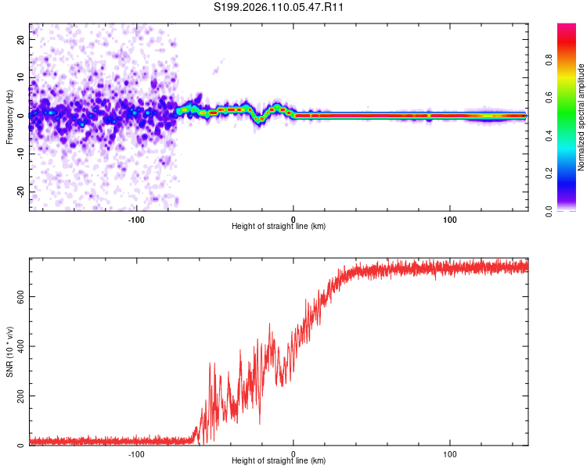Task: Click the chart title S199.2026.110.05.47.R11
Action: click(x=279, y=8)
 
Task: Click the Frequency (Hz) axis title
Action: click(x=10, y=116)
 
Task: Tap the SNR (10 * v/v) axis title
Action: click(x=10, y=352)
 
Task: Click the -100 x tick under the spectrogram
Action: click(x=137, y=218)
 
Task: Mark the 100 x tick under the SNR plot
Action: click(x=450, y=454)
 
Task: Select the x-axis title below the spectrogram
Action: click(x=279, y=227)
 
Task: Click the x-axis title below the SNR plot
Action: click(x=279, y=463)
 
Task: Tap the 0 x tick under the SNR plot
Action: click(x=293, y=454)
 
